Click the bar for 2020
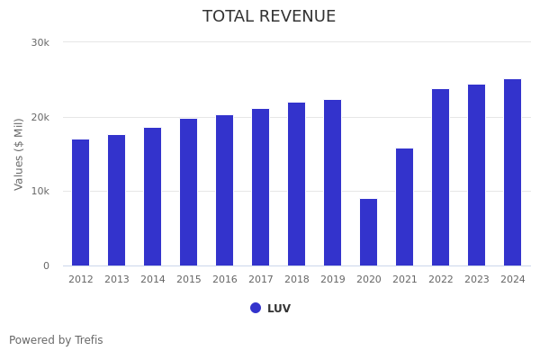click(368, 232)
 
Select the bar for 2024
click(512, 173)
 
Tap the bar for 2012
click(80, 202)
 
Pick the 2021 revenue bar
click(404, 207)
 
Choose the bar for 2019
click(332, 183)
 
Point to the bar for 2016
click(224, 190)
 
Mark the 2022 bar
click(440, 177)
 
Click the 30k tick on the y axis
click(40, 42)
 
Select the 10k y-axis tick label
click(40, 192)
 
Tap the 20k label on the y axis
click(40, 117)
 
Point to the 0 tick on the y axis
click(46, 265)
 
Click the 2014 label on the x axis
click(152, 280)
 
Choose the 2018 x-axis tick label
click(296, 280)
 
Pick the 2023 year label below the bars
click(476, 280)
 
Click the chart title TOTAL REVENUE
click(269, 17)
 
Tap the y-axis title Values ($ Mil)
click(19, 154)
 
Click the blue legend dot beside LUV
click(256, 308)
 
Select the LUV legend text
click(279, 309)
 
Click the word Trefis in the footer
click(88, 340)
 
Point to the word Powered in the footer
click(31, 340)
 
